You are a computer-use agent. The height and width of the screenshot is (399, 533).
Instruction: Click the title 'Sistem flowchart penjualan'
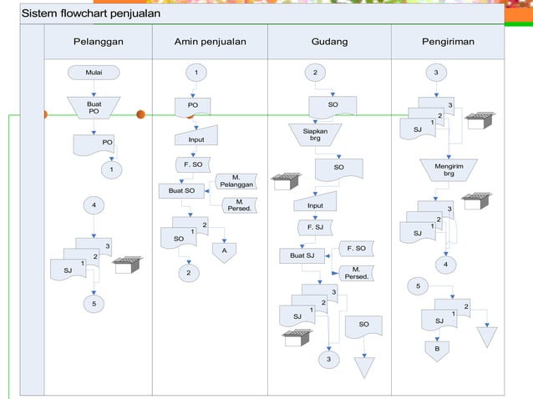(x=91, y=13)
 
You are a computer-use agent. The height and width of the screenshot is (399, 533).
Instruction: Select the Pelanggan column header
(x=99, y=42)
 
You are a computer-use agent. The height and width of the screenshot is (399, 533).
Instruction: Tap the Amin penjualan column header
(x=210, y=42)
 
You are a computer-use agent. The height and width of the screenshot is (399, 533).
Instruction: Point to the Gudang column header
(x=329, y=42)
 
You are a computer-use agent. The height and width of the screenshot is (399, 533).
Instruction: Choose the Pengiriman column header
(x=448, y=42)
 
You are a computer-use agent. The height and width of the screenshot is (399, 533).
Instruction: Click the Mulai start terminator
(x=94, y=73)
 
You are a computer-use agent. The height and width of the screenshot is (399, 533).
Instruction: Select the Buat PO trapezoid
(x=94, y=108)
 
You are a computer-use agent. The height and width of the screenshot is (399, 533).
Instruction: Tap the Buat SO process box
(x=181, y=191)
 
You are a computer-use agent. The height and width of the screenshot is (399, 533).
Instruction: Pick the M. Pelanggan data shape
(x=236, y=181)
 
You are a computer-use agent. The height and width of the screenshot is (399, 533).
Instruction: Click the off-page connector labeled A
(x=225, y=252)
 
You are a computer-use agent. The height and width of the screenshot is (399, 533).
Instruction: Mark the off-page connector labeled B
(x=437, y=351)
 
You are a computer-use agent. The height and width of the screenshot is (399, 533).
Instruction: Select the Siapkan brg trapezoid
(x=315, y=135)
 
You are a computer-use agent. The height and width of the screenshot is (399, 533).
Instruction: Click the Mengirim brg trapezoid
(x=449, y=169)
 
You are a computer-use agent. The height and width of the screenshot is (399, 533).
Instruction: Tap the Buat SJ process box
(x=302, y=255)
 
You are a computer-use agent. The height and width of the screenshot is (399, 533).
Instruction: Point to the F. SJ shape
(x=315, y=228)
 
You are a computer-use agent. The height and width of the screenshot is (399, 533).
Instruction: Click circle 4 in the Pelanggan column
(x=94, y=205)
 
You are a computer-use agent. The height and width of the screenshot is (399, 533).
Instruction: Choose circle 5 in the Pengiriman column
(x=418, y=286)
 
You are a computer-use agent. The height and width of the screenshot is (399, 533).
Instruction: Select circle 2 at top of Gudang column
(x=315, y=73)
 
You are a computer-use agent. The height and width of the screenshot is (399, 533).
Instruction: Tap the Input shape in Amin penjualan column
(x=196, y=135)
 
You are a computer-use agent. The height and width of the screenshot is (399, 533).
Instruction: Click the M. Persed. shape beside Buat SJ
(x=356, y=273)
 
